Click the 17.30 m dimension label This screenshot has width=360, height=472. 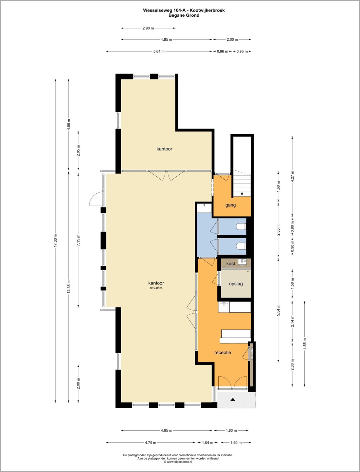coord(55,240)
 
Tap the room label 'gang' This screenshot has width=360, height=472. coord(230,205)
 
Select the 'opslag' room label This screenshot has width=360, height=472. coord(236,284)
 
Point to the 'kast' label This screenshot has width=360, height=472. coord(231,264)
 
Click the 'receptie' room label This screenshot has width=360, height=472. coord(223,352)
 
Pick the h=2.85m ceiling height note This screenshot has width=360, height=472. coord(156,288)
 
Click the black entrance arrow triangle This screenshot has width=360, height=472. coord(233,400)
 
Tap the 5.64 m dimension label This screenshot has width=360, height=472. coord(159,51)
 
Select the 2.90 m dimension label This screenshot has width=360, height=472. coord(148,28)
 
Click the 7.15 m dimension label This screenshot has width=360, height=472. coord(78,240)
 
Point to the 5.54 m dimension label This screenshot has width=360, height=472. coord(278,310)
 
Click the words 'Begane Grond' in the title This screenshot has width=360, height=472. coord(184,15)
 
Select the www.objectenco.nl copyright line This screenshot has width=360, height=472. coord(178,462)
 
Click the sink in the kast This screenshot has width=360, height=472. coord(243,262)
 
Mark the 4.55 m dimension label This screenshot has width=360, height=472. coord(305,344)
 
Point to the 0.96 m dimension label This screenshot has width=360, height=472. coord(222,51)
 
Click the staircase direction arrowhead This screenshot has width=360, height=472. coord(242,194)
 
